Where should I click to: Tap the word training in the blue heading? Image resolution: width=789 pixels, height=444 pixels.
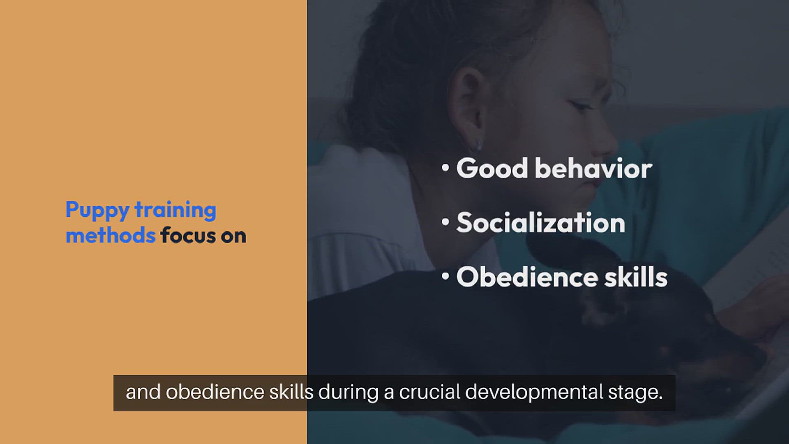175,210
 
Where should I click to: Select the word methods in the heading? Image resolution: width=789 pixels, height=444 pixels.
111,235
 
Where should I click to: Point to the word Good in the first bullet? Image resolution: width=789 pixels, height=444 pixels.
492,169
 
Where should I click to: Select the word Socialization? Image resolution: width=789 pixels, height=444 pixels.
541,223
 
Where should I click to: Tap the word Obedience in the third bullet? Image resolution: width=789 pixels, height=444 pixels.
527,277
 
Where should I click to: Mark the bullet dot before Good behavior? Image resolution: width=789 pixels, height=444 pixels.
445,168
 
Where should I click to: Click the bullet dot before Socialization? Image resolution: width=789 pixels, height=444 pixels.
445,222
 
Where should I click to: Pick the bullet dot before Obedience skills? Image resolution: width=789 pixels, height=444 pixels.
445,276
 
